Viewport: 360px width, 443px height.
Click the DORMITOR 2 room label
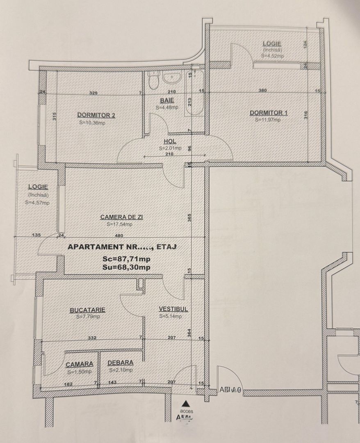(96, 116)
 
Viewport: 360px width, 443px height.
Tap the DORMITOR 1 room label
(266, 113)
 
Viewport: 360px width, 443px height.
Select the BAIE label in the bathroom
(167, 100)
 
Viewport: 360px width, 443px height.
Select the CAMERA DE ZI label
(121, 217)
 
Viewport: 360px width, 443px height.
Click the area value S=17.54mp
(119, 224)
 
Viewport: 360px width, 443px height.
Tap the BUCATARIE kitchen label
(87, 310)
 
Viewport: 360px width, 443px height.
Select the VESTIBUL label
(173, 309)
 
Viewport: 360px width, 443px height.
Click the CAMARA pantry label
(80, 364)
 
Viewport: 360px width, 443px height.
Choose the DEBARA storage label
(120, 363)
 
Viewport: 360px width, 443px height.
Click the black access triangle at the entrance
(186, 403)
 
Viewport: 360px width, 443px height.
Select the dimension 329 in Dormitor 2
(93, 93)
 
